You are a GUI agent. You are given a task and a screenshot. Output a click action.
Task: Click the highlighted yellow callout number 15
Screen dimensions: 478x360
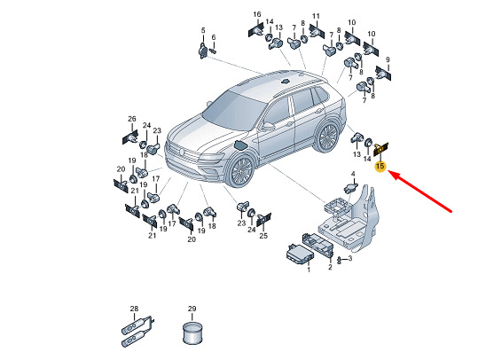coord(380,167)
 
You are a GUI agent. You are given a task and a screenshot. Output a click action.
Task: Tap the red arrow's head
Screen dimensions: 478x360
coord(392,175)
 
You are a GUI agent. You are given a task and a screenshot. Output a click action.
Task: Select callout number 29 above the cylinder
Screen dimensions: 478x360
coord(192,309)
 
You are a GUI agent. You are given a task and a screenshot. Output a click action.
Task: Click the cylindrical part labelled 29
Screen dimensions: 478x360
coord(192,333)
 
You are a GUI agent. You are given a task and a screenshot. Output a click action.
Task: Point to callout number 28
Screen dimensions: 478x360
coord(134,309)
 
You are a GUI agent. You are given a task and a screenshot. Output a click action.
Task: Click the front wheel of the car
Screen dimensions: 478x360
coord(242,171)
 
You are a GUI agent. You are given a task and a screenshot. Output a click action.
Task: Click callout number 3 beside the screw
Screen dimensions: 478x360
coord(350,259)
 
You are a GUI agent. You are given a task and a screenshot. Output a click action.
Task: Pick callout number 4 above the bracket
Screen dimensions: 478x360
coord(353,174)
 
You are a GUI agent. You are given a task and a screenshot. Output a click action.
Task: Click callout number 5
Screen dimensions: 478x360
coord(203,30)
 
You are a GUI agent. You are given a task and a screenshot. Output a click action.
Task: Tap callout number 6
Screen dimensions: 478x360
coord(214,37)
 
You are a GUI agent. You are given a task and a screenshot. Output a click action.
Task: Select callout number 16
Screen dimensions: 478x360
coord(257,14)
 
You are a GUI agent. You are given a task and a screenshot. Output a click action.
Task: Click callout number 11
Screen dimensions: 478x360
coord(316,16)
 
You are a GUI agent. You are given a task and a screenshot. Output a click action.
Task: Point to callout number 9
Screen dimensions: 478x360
coord(388,59)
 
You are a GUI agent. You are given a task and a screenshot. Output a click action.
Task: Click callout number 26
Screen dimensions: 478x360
coord(131,119)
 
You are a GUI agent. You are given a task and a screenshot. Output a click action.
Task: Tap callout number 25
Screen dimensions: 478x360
coord(263,235)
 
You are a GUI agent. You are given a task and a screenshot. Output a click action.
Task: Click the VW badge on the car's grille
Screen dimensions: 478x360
coord(181,152)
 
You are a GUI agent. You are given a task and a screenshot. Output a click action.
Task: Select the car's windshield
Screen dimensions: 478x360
coord(234,108)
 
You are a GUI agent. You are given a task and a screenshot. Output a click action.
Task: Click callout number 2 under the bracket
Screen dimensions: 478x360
coord(330,267)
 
